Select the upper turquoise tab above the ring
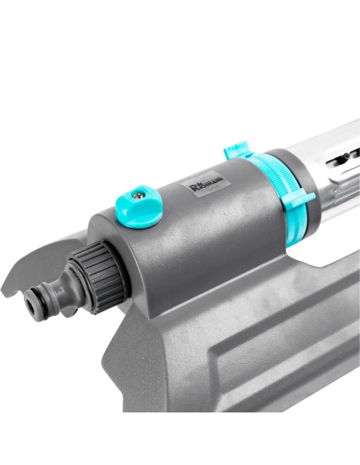(237, 151)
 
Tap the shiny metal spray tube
(327, 159)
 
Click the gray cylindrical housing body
(183, 239)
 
